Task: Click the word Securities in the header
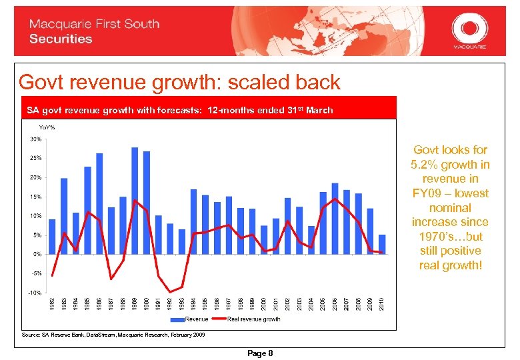[61, 39]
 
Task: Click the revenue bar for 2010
[382, 244]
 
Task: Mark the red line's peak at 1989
[135, 200]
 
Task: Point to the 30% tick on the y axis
[35, 139]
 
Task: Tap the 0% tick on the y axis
[37, 254]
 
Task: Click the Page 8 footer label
[260, 353]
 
